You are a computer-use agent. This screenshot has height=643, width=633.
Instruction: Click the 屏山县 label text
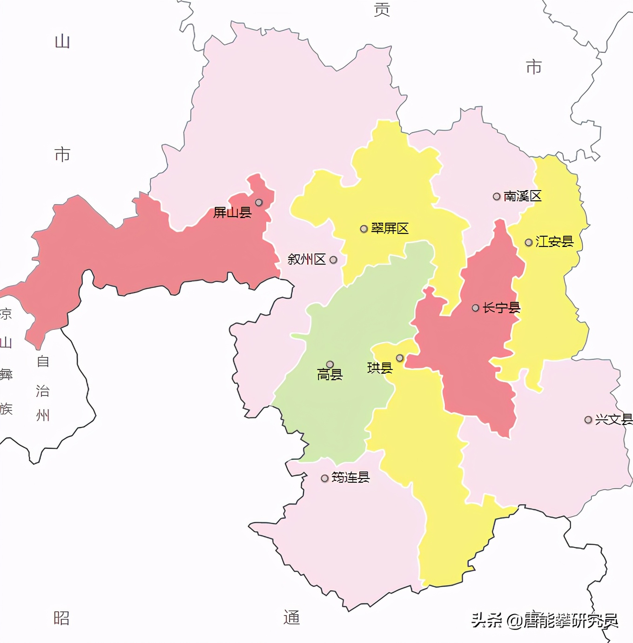[232, 212]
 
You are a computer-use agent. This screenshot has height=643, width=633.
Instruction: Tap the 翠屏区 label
[390, 228]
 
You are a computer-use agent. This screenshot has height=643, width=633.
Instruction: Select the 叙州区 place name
[306, 259]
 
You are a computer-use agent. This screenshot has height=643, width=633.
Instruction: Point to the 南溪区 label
[522, 196]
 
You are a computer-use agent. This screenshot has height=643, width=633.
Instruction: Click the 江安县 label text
[554, 241]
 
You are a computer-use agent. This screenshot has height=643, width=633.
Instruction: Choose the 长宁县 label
[501, 308]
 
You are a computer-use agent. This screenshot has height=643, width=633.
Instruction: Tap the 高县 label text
[330, 375]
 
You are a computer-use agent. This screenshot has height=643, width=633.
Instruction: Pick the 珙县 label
[380, 368]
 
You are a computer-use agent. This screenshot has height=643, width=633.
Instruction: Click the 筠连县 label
[350, 478]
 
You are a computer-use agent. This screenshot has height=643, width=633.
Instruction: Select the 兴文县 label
[613, 419]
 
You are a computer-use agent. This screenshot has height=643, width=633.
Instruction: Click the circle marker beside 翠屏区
[364, 229]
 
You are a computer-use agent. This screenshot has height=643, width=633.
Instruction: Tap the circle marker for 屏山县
[259, 202]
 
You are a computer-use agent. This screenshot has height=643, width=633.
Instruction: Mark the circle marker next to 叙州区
[333, 260]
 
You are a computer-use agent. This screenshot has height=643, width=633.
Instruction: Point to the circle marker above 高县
[330, 364]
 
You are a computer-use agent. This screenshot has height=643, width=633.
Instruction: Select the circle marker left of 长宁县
[475, 308]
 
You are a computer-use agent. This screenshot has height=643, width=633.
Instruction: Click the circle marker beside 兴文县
[588, 420]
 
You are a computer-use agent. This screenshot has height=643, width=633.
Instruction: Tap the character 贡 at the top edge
[382, 9]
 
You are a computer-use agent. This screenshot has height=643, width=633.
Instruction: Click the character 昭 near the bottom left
[61, 618]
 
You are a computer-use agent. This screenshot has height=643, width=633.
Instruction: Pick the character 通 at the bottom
[292, 617]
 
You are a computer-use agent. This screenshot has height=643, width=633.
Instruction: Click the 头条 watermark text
[487, 620]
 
